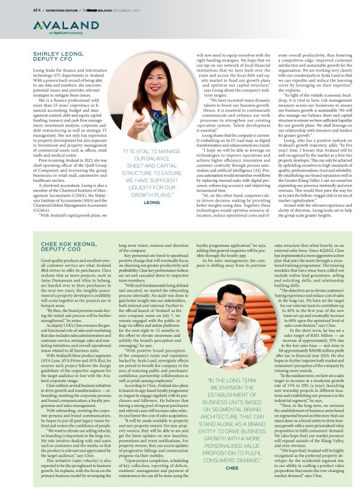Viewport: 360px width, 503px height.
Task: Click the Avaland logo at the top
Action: click(x=49, y=25)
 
